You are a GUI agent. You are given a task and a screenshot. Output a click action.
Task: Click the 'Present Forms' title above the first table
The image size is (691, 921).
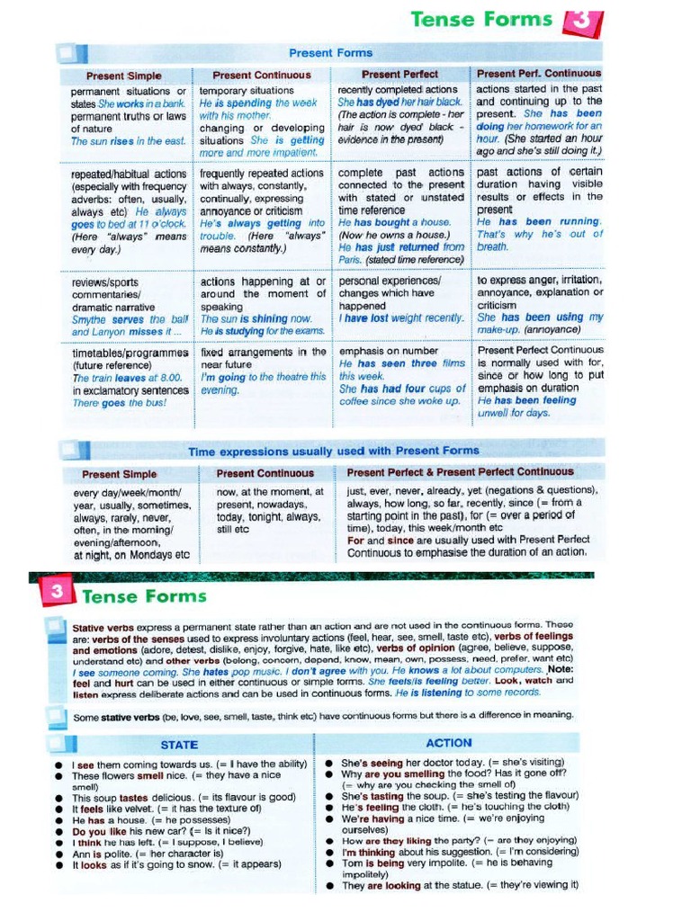[330, 52]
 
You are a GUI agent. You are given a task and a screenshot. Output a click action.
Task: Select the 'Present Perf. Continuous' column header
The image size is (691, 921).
[538, 74]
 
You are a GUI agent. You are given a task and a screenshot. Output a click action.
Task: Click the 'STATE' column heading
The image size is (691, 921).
[179, 745]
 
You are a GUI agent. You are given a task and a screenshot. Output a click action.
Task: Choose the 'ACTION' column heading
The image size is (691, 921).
[448, 743]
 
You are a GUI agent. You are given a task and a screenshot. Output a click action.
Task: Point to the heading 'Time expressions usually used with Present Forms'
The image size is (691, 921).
[333, 451]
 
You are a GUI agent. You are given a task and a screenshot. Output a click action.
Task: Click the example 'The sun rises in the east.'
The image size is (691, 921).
[128, 141]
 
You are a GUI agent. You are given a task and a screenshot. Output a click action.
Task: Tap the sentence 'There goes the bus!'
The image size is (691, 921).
[119, 403]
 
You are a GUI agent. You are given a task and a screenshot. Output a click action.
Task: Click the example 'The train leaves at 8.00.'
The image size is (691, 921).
[126, 379]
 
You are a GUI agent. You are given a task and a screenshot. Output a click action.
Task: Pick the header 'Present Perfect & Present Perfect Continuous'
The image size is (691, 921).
[459, 472]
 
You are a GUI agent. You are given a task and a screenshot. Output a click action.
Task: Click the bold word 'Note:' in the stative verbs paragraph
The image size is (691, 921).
[558, 669]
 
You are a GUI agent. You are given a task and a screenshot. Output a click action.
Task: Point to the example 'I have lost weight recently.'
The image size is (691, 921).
[400, 318]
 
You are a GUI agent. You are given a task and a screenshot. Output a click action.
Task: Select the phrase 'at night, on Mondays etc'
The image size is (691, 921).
[130, 555]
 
